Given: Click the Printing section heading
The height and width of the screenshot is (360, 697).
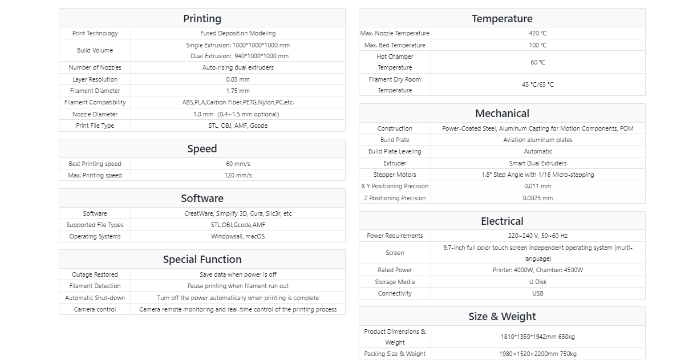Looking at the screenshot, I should [202, 19].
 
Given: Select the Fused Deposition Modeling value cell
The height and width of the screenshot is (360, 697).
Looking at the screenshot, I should [238, 34].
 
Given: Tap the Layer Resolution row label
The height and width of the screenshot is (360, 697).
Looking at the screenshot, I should [95, 80].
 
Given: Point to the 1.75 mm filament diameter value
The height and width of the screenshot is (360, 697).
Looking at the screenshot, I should [238, 91].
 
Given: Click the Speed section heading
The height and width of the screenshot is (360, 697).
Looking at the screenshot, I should [202, 149].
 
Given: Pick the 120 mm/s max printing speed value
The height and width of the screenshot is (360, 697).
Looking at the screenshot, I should [238, 176].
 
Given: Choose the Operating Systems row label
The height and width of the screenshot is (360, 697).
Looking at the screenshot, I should [95, 237].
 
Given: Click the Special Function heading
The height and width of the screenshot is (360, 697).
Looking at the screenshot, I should [202, 260].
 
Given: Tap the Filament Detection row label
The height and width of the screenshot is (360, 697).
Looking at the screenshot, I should [95, 286].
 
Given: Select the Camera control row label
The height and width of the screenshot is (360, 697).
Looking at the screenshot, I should [95, 310].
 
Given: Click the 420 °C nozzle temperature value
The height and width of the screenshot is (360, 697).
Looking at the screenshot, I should [537, 34].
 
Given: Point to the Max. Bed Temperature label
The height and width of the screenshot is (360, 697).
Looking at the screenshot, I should [395, 46].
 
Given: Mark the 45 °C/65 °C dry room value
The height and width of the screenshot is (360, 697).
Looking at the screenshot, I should [537, 85].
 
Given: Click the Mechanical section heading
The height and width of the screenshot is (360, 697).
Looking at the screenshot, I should [502, 114].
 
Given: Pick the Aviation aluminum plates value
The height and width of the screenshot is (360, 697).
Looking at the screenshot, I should [537, 140].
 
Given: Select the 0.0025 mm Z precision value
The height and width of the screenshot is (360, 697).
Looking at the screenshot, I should [537, 199].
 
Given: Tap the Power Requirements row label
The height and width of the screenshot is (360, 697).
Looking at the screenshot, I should [395, 236].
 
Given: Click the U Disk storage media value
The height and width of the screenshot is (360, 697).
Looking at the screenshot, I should [537, 282].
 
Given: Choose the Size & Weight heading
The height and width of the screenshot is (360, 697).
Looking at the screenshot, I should [502, 317].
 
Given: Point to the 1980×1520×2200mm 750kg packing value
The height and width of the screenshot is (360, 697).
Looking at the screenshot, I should [537, 354].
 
